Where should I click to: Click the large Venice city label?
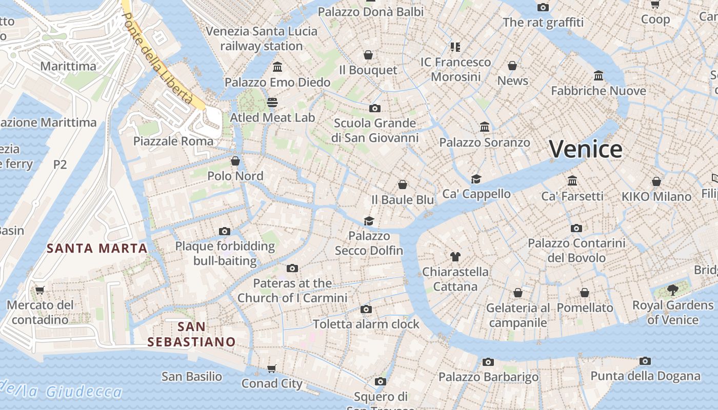coord(586,149)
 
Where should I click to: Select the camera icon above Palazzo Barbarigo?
coord(488,362)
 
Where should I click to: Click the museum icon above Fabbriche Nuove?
coord(598,76)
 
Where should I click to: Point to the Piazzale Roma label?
coord(173,141)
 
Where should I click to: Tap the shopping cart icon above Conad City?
coord(272,369)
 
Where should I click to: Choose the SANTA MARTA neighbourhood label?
coord(97,249)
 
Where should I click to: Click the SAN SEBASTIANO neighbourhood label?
coord(191,334)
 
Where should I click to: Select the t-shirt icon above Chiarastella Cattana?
coord(455,256)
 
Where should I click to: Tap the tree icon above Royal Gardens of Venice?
coord(672,291)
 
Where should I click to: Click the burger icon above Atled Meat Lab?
coord(272,102)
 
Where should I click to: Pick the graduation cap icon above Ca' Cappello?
coord(476,179)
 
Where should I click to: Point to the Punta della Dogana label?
coord(645,376)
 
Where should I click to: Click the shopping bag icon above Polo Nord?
coord(235,161)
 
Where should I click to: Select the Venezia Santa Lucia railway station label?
coord(262,38)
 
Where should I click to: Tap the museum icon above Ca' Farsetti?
coord(572,181)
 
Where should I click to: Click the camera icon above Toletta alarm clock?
coord(366,309)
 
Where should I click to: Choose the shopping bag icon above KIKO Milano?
coord(656,181)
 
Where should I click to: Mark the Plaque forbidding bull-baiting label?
coord(225,253)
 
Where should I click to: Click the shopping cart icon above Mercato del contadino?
coord(40,290)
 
